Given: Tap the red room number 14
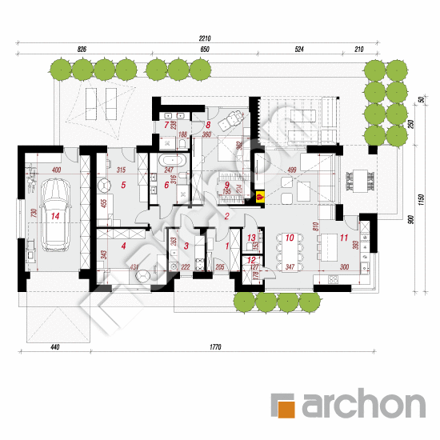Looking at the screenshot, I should (54, 215).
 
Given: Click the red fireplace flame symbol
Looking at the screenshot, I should (259, 194).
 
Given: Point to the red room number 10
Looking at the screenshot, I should (289, 238).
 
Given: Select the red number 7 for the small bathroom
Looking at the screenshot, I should (167, 126).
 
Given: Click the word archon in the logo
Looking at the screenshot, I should (362, 404).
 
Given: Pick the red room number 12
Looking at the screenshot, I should (250, 260).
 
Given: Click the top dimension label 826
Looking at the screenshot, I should (82, 50).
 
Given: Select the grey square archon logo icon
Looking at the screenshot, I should (286, 404).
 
